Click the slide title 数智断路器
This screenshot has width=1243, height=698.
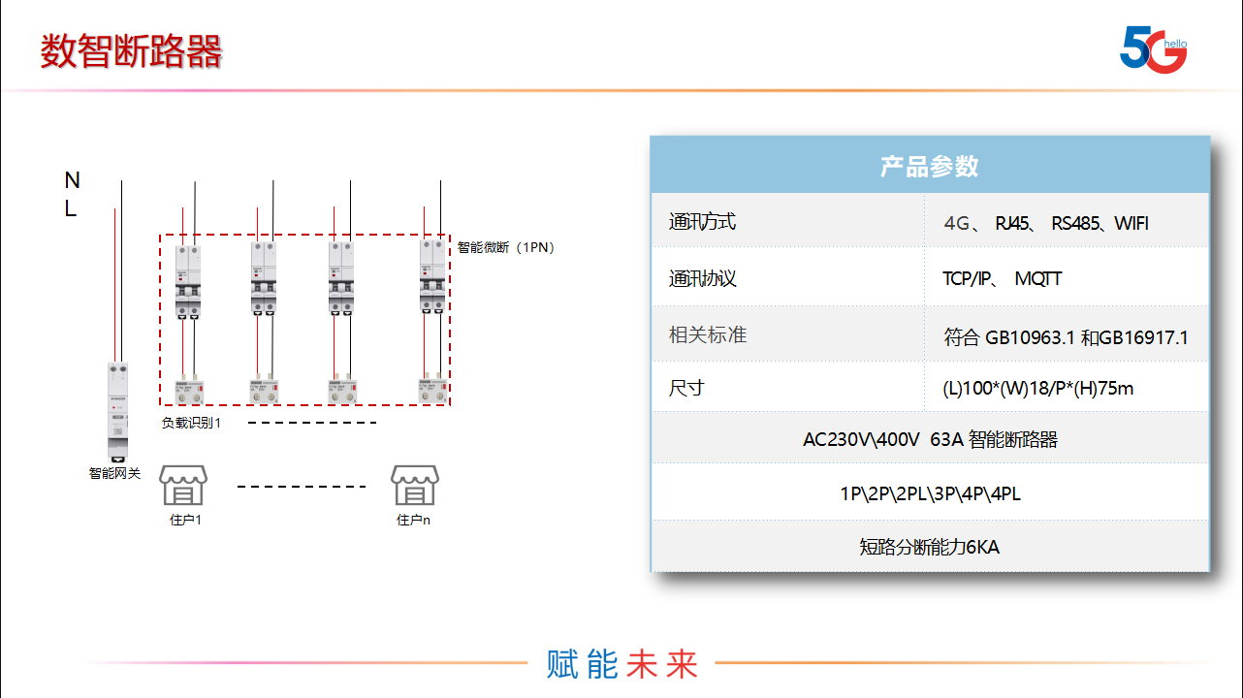point(131,51)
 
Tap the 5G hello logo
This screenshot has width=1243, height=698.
point(1153,48)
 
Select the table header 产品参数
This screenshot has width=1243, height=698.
point(929,166)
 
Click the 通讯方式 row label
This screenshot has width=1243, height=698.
point(702,222)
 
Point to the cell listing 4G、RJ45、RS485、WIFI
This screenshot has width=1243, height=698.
point(1045,223)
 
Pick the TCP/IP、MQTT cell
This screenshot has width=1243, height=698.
point(1002,279)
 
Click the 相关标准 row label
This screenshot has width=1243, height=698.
point(708,335)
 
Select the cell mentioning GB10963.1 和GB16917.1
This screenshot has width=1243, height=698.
point(1066,337)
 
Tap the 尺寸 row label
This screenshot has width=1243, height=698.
point(686,388)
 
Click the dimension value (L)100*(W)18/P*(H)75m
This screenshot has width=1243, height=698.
point(1037,389)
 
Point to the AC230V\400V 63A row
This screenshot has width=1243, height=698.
point(929,439)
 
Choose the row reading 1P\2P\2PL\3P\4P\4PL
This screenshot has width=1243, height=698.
point(929,493)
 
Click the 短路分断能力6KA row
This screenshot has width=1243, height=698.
point(929,547)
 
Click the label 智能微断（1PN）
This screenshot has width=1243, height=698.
point(505,247)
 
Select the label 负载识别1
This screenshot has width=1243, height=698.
point(191,423)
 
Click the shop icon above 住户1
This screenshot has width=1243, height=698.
point(184,485)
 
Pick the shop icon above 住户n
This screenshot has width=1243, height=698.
point(414,485)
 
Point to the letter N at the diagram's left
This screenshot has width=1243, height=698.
point(72,180)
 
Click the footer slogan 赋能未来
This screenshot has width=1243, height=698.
point(622,664)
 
